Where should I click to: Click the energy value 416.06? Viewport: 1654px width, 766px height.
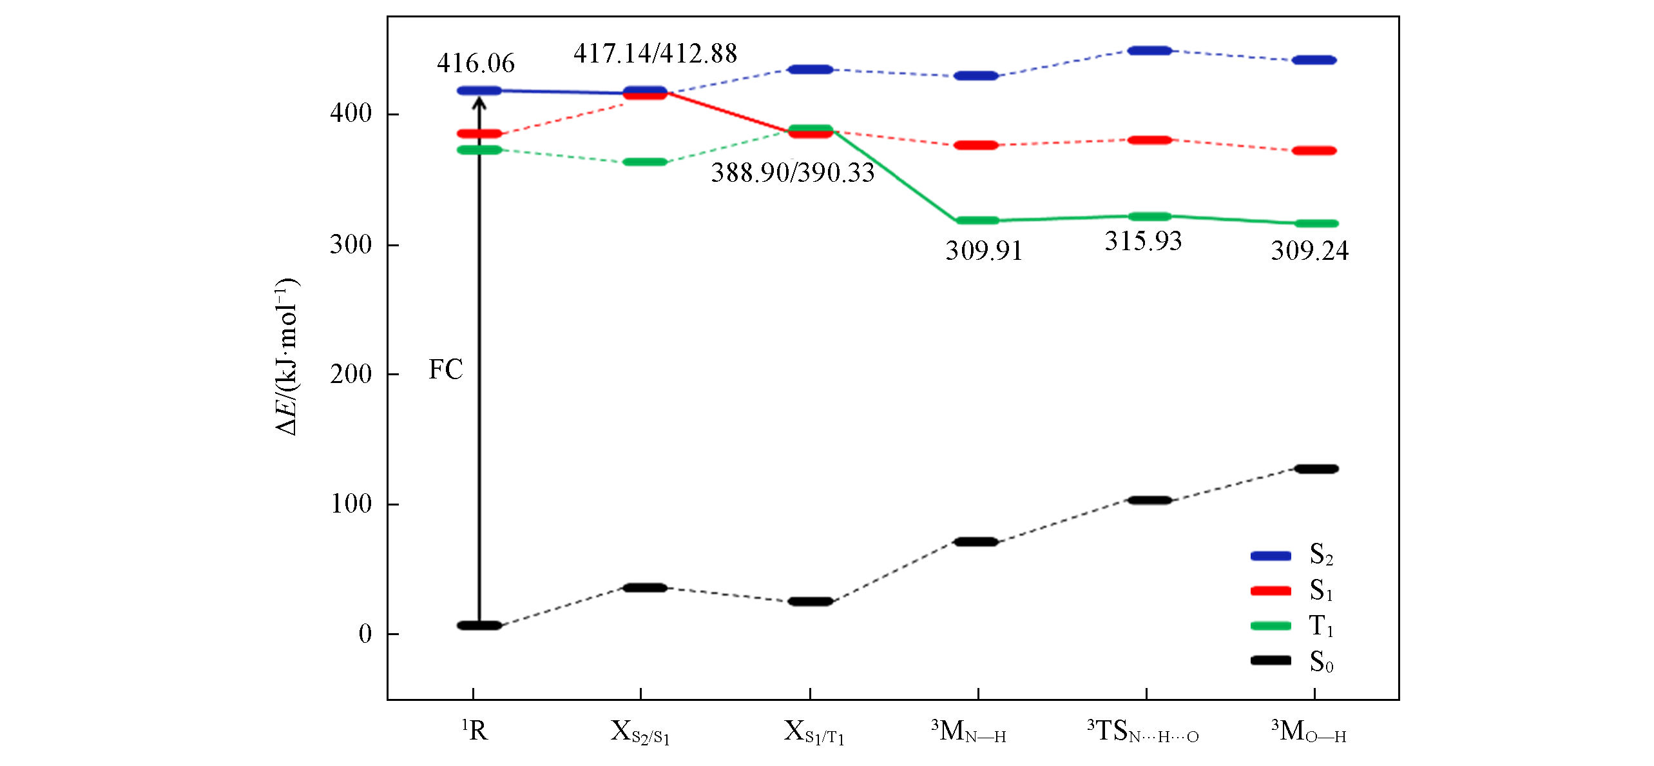pyautogui.click(x=476, y=63)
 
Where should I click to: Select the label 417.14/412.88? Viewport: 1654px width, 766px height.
pyautogui.click(x=655, y=54)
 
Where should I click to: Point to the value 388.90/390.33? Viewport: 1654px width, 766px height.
pyautogui.click(x=793, y=173)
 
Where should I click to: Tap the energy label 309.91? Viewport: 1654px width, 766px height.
pyautogui.click(x=983, y=251)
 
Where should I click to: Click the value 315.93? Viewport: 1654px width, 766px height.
pyautogui.click(x=1143, y=241)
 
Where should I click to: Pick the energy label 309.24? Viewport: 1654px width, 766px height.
pyautogui.click(x=1309, y=251)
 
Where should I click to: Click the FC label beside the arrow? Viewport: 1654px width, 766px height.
pyautogui.click(x=446, y=370)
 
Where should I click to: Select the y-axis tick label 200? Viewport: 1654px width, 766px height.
pyautogui.click(x=351, y=374)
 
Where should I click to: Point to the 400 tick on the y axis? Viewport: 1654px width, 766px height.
pyautogui.click(x=351, y=113)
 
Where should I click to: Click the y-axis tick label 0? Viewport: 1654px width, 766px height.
pyautogui.click(x=365, y=634)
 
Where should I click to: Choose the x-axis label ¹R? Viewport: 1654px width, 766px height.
pyautogui.click(x=475, y=731)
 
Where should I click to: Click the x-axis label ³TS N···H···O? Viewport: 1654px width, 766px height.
pyautogui.click(x=1143, y=732)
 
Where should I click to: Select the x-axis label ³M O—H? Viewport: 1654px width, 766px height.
pyautogui.click(x=1309, y=732)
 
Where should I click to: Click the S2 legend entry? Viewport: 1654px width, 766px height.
pyautogui.click(x=1292, y=555)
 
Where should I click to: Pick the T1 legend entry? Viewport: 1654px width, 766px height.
pyautogui.click(x=1292, y=625)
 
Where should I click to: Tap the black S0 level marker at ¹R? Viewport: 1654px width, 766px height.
pyautogui.click(x=479, y=625)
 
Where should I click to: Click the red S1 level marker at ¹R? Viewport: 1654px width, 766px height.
pyautogui.click(x=479, y=134)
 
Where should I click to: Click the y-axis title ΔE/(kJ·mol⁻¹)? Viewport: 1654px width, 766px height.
pyautogui.click(x=287, y=357)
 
